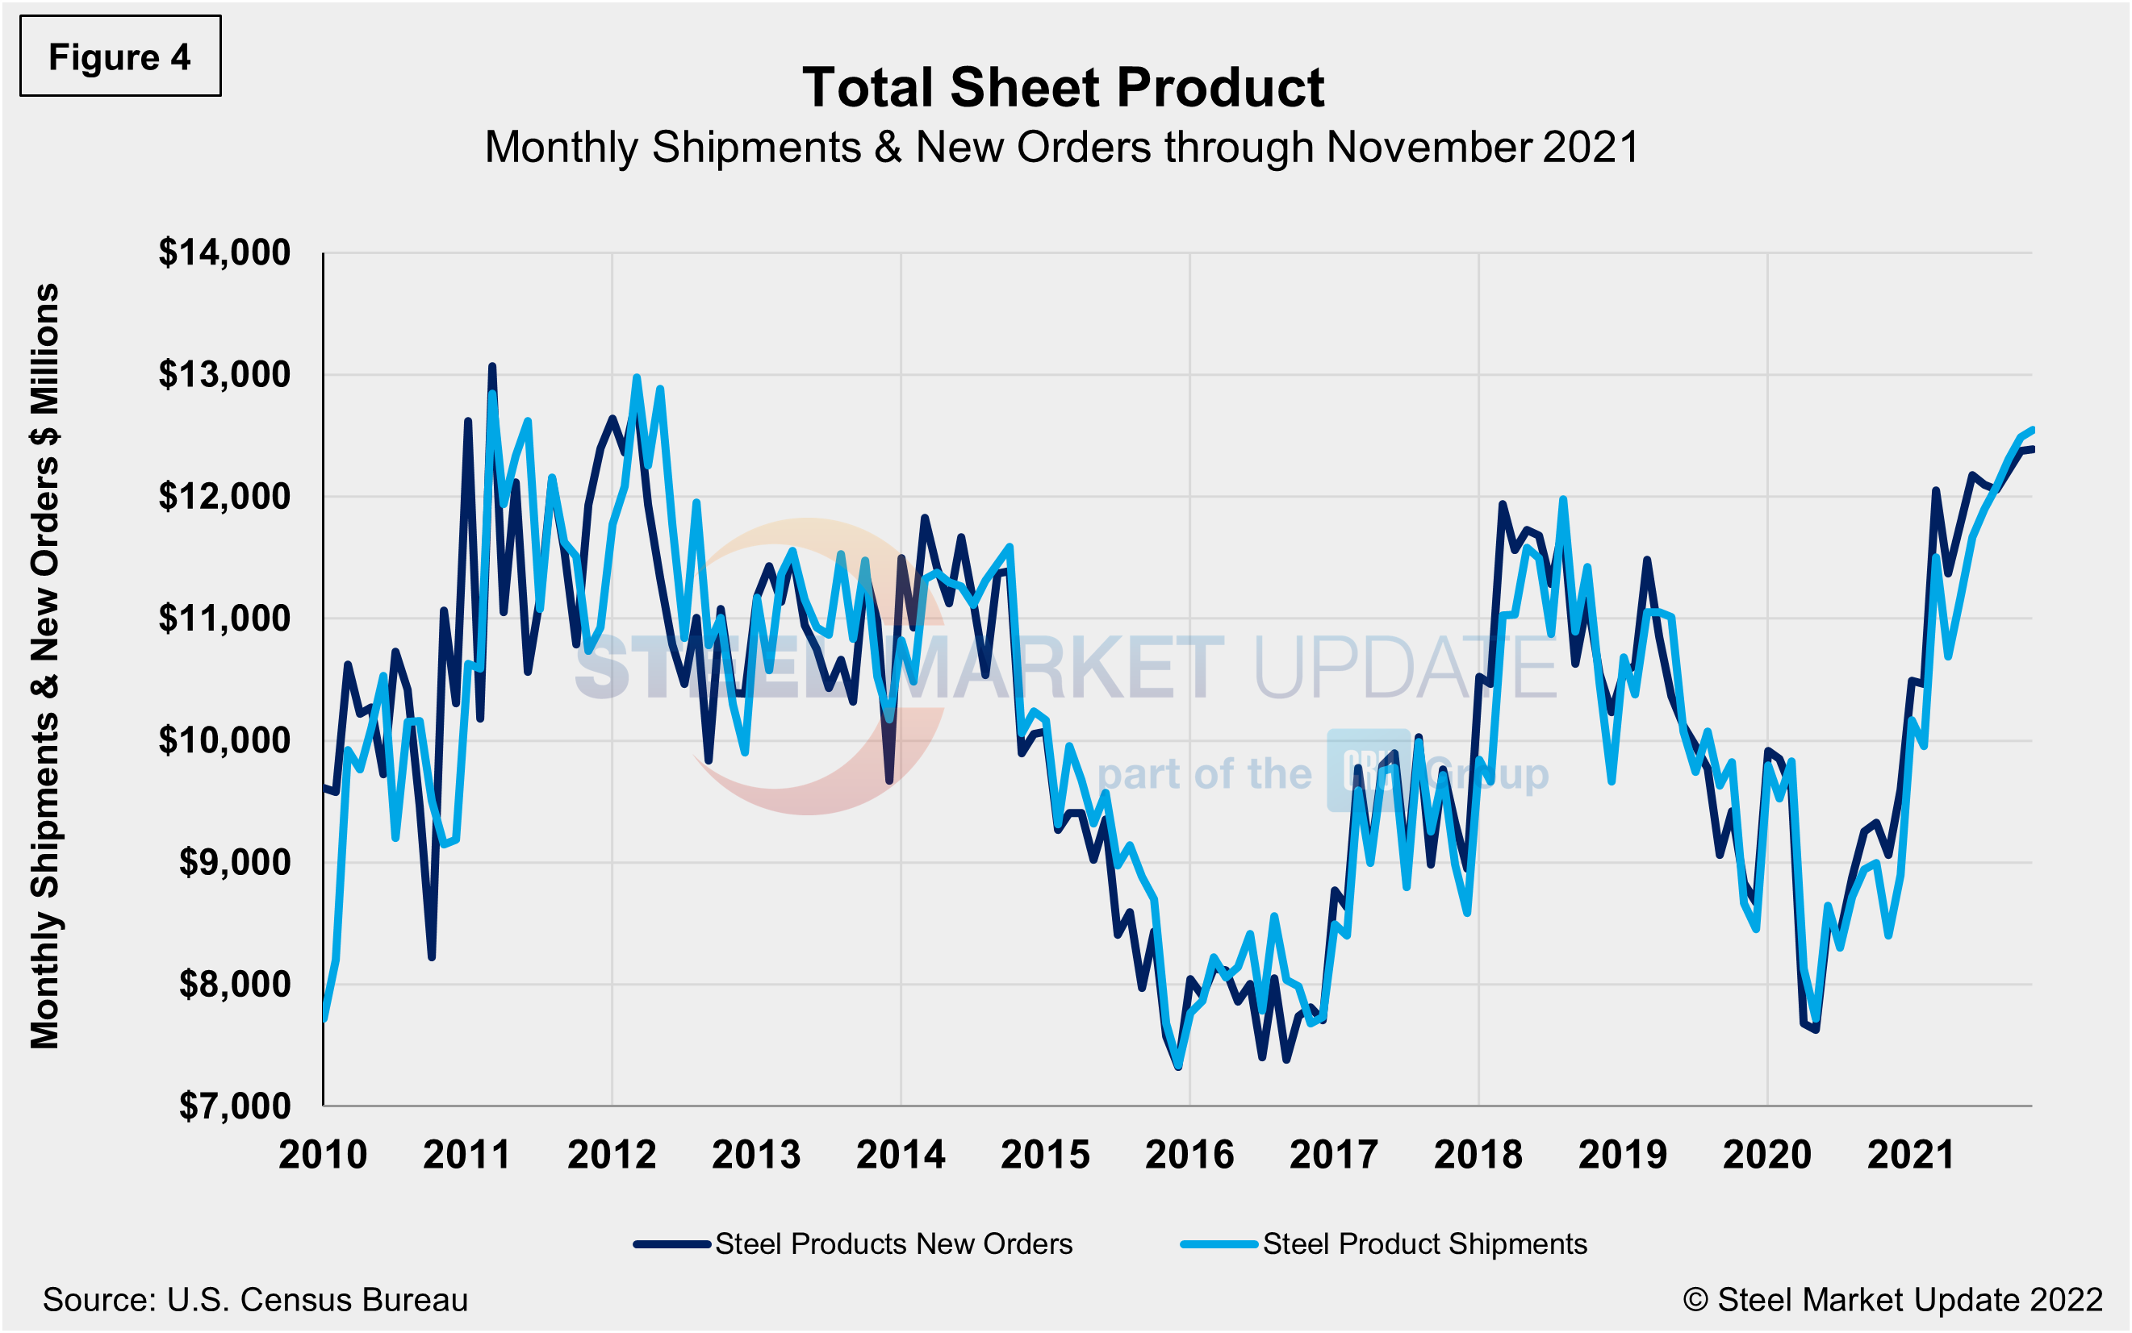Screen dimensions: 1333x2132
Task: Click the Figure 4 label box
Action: [120, 56]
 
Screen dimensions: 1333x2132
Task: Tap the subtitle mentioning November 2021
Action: [1062, 148]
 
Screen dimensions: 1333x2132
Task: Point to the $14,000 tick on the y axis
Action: [224, 253]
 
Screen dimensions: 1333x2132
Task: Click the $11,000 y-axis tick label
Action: [224, 619]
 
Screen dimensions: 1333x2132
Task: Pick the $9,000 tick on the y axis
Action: [234, 862]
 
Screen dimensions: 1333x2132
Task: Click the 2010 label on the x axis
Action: [322, 1155]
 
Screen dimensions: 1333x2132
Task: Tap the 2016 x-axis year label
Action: [1189, 1155]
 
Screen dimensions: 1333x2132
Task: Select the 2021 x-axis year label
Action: [1911, 1155]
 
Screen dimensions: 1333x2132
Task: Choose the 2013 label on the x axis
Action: [756, 1155]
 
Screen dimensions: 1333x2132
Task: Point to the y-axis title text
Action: [44, 665]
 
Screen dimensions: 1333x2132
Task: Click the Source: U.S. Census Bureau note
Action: [255, 1299]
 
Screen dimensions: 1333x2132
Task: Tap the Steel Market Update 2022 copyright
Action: [1892, 1299]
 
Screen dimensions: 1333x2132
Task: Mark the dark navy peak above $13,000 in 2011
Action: [492, 366]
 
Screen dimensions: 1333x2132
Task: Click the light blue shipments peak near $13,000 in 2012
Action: [636, 377]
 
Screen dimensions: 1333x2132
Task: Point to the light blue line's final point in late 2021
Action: [2031, 429]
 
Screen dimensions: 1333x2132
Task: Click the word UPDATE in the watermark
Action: [1404, 668]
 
